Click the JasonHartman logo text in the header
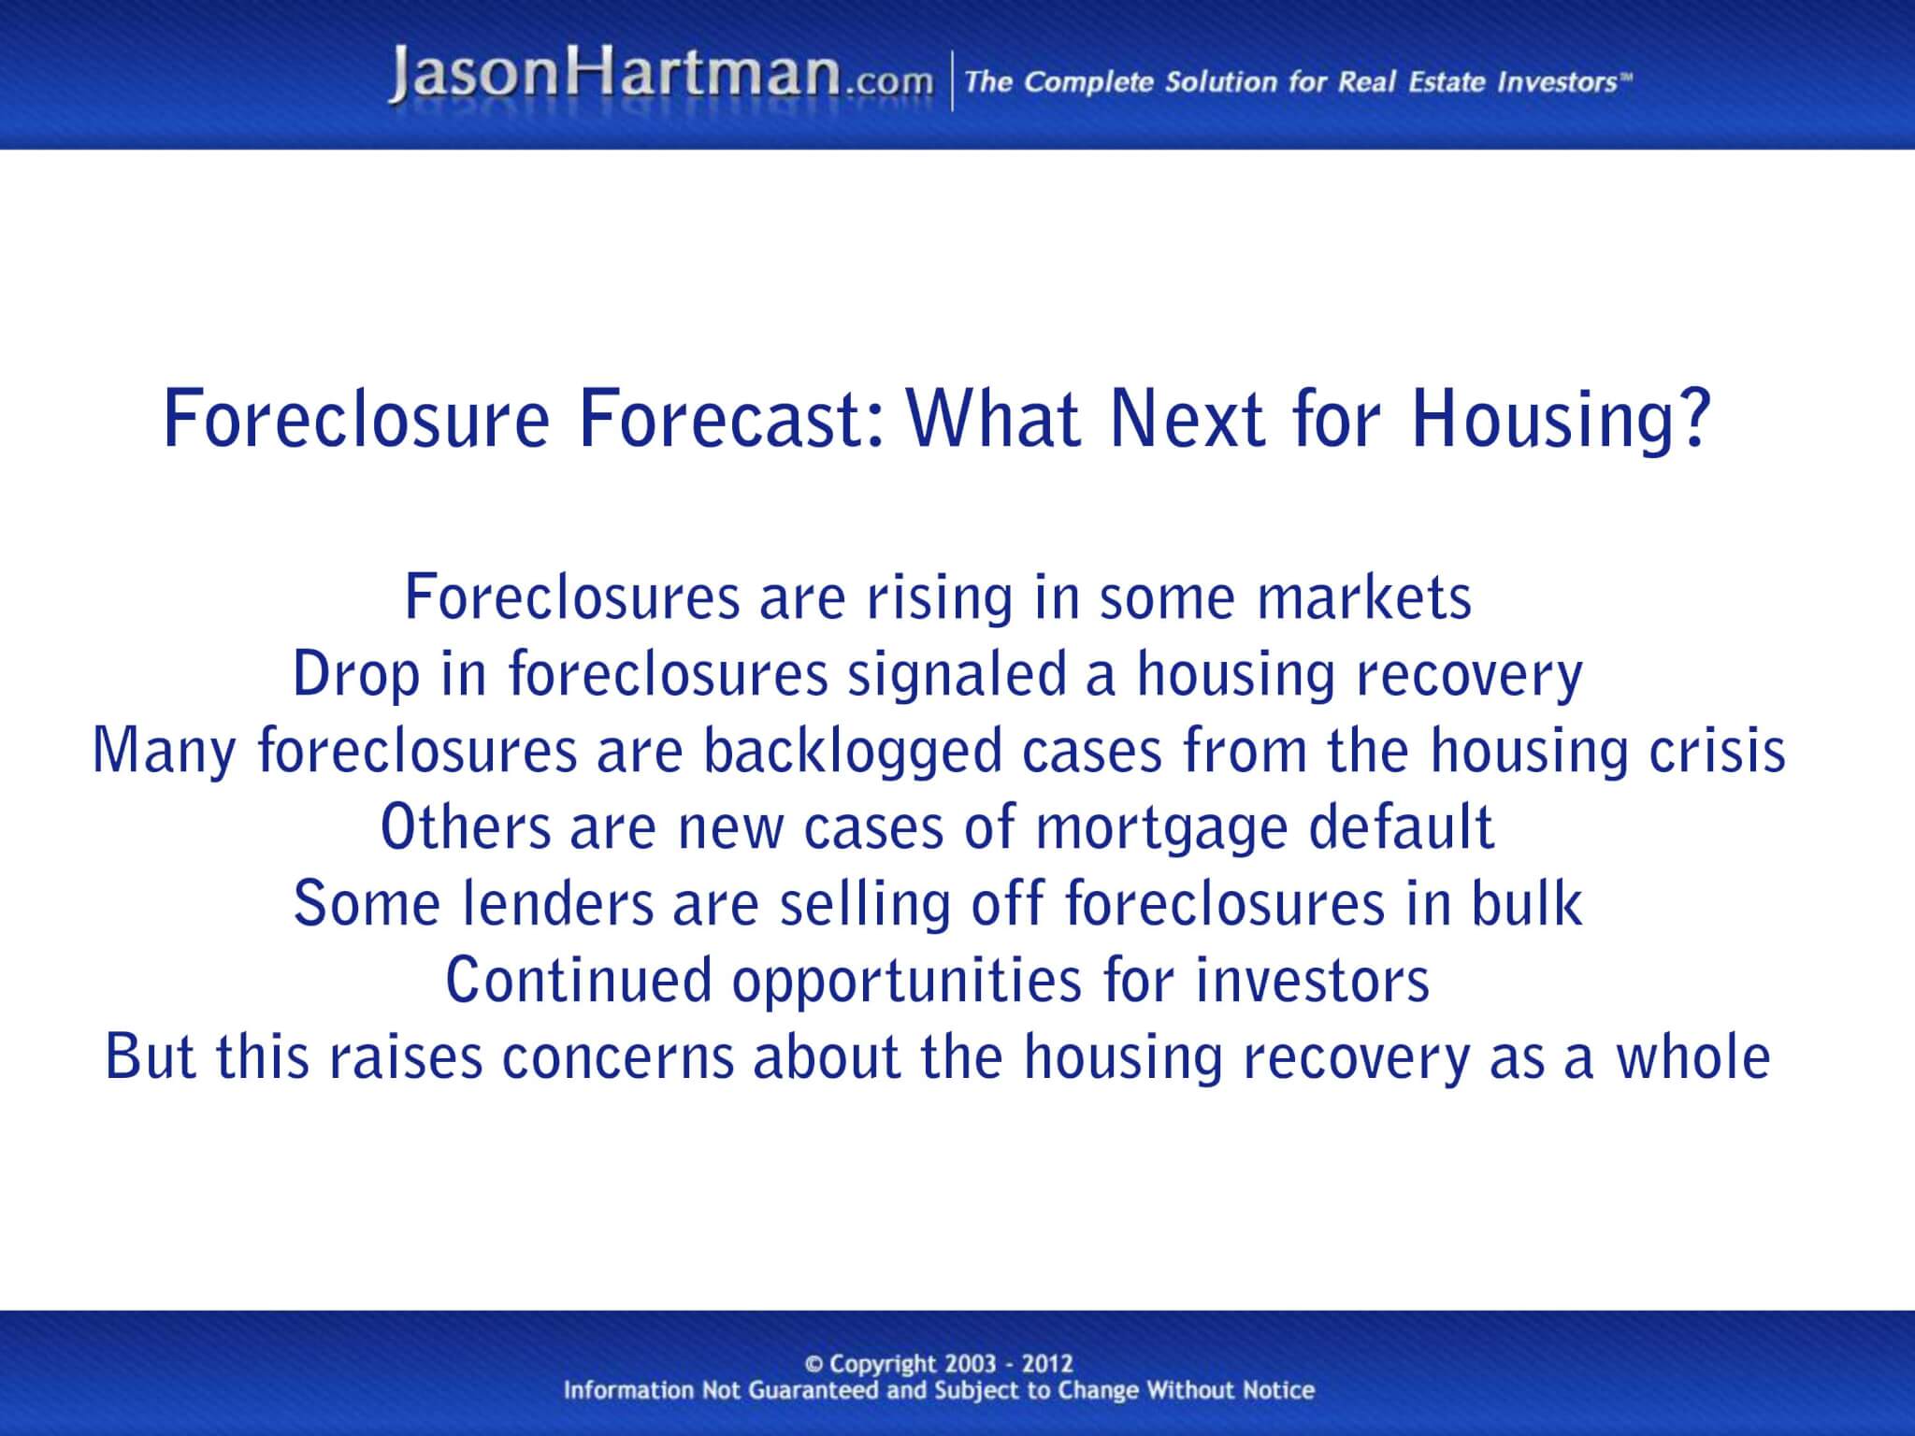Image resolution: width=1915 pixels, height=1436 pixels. [613, 77]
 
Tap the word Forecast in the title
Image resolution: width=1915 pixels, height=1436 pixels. [731, 420]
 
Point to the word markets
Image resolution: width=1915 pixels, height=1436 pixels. [1364, 598]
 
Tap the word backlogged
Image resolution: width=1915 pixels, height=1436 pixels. [852, 752]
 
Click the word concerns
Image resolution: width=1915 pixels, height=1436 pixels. [617, 1057]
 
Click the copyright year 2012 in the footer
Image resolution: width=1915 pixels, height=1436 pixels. [1048, 1364]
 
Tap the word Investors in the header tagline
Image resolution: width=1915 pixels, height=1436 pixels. [1556, 82]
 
